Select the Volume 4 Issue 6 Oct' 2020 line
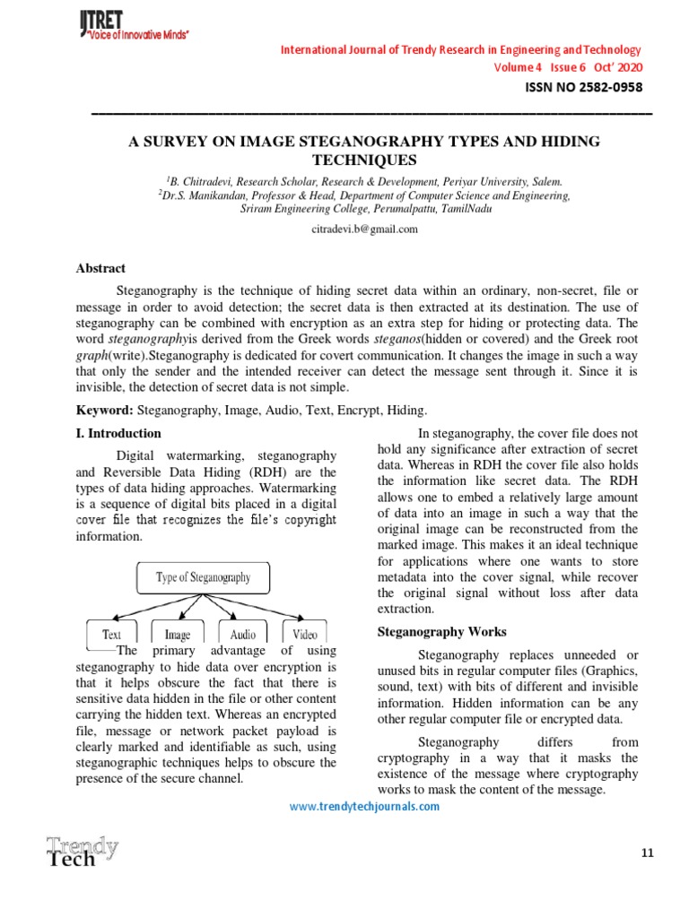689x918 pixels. pyautogui.click(x=568, y=67)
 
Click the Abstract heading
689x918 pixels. pyautogui.click(x=100, y=269)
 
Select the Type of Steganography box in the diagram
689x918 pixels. pyautogui.click(x=203, y=577)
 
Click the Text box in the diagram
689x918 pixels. pyautogui.click(x=112, y=634)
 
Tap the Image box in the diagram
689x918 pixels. pyautogui.click(x=178, y=634)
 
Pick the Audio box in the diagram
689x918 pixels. pyautogui.click(x=241, y=634)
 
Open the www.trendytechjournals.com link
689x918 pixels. pyautogui.click(x=364, y=806)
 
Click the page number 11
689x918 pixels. pyautogui.click(x=649, y=853)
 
